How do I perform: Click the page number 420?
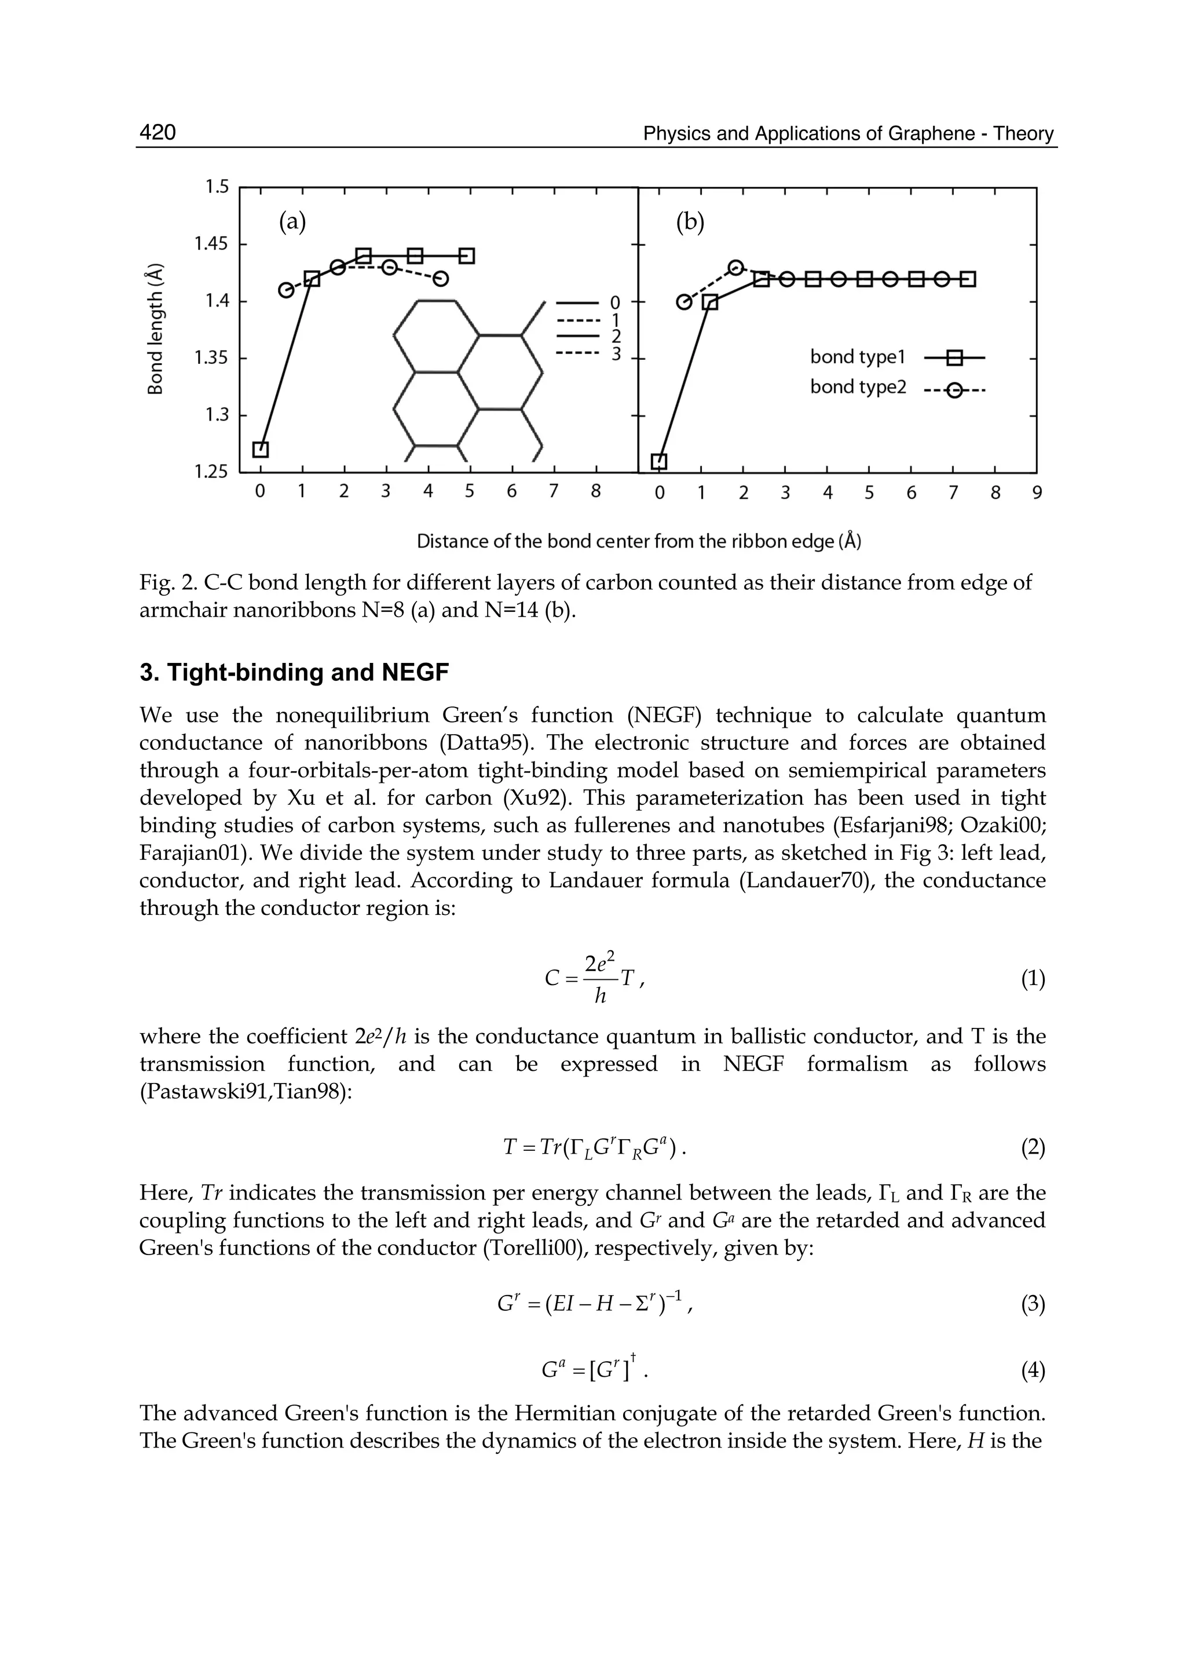(x=158, y=132)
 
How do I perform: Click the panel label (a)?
(x=292, y=221)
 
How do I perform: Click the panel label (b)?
(x=690, y=221)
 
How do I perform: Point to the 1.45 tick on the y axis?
(x=211, y=243)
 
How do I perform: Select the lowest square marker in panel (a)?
(x=261, y=450)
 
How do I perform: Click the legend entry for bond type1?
(x=858, y=358)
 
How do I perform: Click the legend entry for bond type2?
(x=858, y=387)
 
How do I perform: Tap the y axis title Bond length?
(x=155, y=329)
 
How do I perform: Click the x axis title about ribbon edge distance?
(x=638, y=541)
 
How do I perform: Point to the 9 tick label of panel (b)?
(x=1036, y=493)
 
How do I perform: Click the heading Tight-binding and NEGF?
(x=294, y=672)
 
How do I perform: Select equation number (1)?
(x=1033, y=979)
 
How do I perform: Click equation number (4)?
(x=1033, y=1372)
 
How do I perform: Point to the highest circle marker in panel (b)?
(x=736, y=268)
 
